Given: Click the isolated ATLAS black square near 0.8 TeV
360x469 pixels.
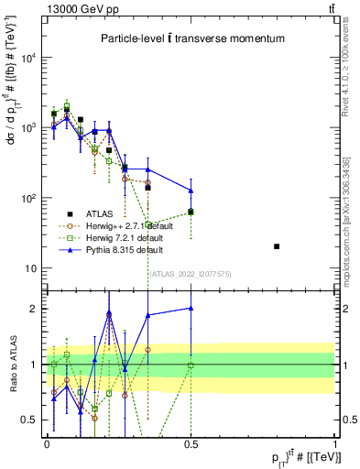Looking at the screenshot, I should click(277, 246).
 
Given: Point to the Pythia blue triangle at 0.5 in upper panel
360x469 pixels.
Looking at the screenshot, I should click(191, 191).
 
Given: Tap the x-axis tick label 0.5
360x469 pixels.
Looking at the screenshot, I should click(191, 443).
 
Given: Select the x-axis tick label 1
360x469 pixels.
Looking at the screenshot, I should click(334, 443).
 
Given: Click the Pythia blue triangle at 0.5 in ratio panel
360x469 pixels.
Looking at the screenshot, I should click(191, 309).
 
